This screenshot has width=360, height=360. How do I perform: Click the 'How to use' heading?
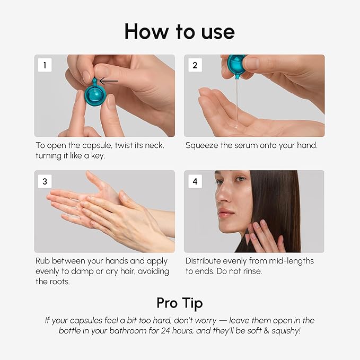point(180,32)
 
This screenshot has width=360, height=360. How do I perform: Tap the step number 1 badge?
point(45,66)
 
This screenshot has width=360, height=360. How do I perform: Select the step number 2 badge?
point(195,66)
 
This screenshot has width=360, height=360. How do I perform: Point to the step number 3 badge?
point(45,181)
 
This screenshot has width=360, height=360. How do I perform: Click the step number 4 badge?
point(195,181)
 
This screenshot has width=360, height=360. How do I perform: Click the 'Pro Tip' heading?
point(180,303)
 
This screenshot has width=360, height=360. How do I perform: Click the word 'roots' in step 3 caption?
point(60,282)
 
